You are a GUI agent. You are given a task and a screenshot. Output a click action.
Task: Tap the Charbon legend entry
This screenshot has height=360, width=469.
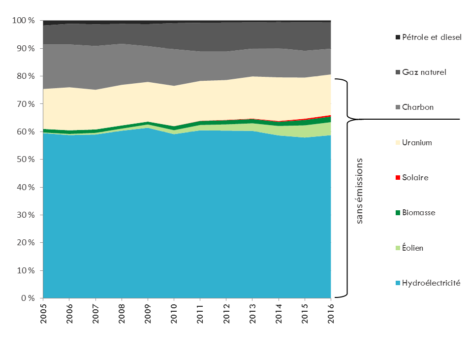(x=418, y=107)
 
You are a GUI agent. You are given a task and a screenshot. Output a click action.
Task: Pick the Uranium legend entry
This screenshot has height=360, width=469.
(x=417, y=143)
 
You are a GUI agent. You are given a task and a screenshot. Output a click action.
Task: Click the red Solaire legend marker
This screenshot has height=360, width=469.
(x=398, y=178)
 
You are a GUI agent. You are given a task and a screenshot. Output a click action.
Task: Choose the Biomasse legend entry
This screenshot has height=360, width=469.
(x=419, y=213)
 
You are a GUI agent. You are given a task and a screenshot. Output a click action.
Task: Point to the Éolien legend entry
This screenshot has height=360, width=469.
(x=412, y=248)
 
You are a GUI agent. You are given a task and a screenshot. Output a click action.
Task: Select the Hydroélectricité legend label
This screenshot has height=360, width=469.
(x=431, y=283)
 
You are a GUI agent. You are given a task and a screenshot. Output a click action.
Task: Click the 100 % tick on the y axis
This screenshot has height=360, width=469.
(x=24, y=21)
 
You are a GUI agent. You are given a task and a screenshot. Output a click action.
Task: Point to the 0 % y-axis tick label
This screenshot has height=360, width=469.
(x=28, y=298)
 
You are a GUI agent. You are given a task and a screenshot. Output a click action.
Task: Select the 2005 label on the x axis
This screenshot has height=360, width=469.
(x=43, y=313)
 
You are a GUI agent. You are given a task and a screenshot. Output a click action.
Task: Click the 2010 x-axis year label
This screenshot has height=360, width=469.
(x=174, y=313)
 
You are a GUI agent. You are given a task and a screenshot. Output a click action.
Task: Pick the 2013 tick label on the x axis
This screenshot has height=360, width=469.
(x=252, y=313)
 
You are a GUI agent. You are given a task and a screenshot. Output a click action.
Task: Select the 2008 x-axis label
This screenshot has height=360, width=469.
(x=122, y=313)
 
